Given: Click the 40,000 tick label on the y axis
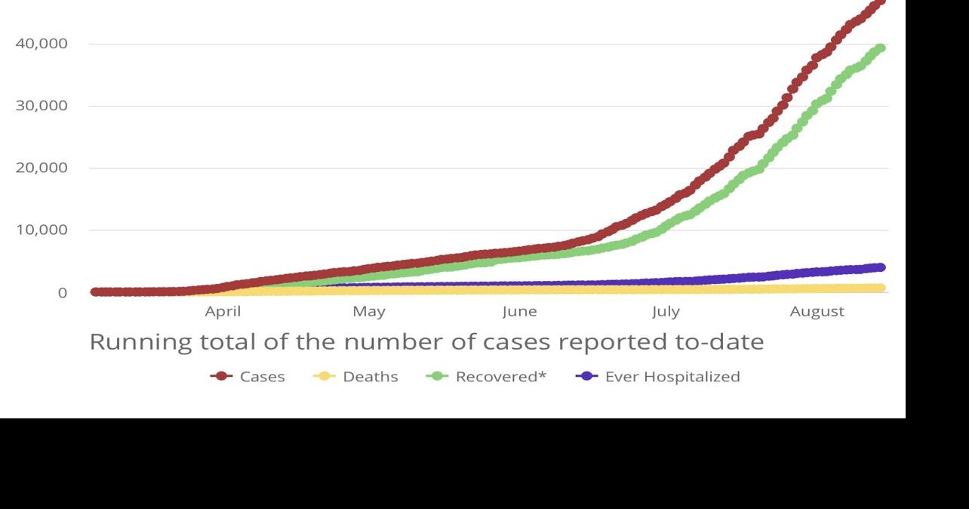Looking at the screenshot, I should click(42, 44).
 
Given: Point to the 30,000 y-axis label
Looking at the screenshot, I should click(42, 106).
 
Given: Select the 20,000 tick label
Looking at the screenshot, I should click(42, 168).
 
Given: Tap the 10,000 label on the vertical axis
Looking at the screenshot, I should click(42, 230).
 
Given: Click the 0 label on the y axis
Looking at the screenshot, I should click(63, 293).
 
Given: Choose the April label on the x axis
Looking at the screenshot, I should click(223, 311).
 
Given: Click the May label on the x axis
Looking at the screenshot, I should click(368, 311).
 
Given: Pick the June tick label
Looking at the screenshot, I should click(519, 311).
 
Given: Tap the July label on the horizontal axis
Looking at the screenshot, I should click(666, 311).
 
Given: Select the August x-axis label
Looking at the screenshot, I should click(817, 311).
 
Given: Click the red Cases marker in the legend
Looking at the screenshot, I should click(221, 376).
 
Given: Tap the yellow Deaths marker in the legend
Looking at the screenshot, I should click(324, 376).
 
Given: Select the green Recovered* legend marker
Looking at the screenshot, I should click(437, 376).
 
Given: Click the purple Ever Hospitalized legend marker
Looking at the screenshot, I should click(586, 376).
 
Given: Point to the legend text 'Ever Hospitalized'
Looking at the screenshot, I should click(672, 376).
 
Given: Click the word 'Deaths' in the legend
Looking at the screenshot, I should click(370, 376).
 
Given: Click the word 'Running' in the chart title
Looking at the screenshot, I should click(140, 342).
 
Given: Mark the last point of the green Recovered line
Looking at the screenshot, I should click(880, 48).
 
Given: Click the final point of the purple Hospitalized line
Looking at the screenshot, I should click(880, 267).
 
